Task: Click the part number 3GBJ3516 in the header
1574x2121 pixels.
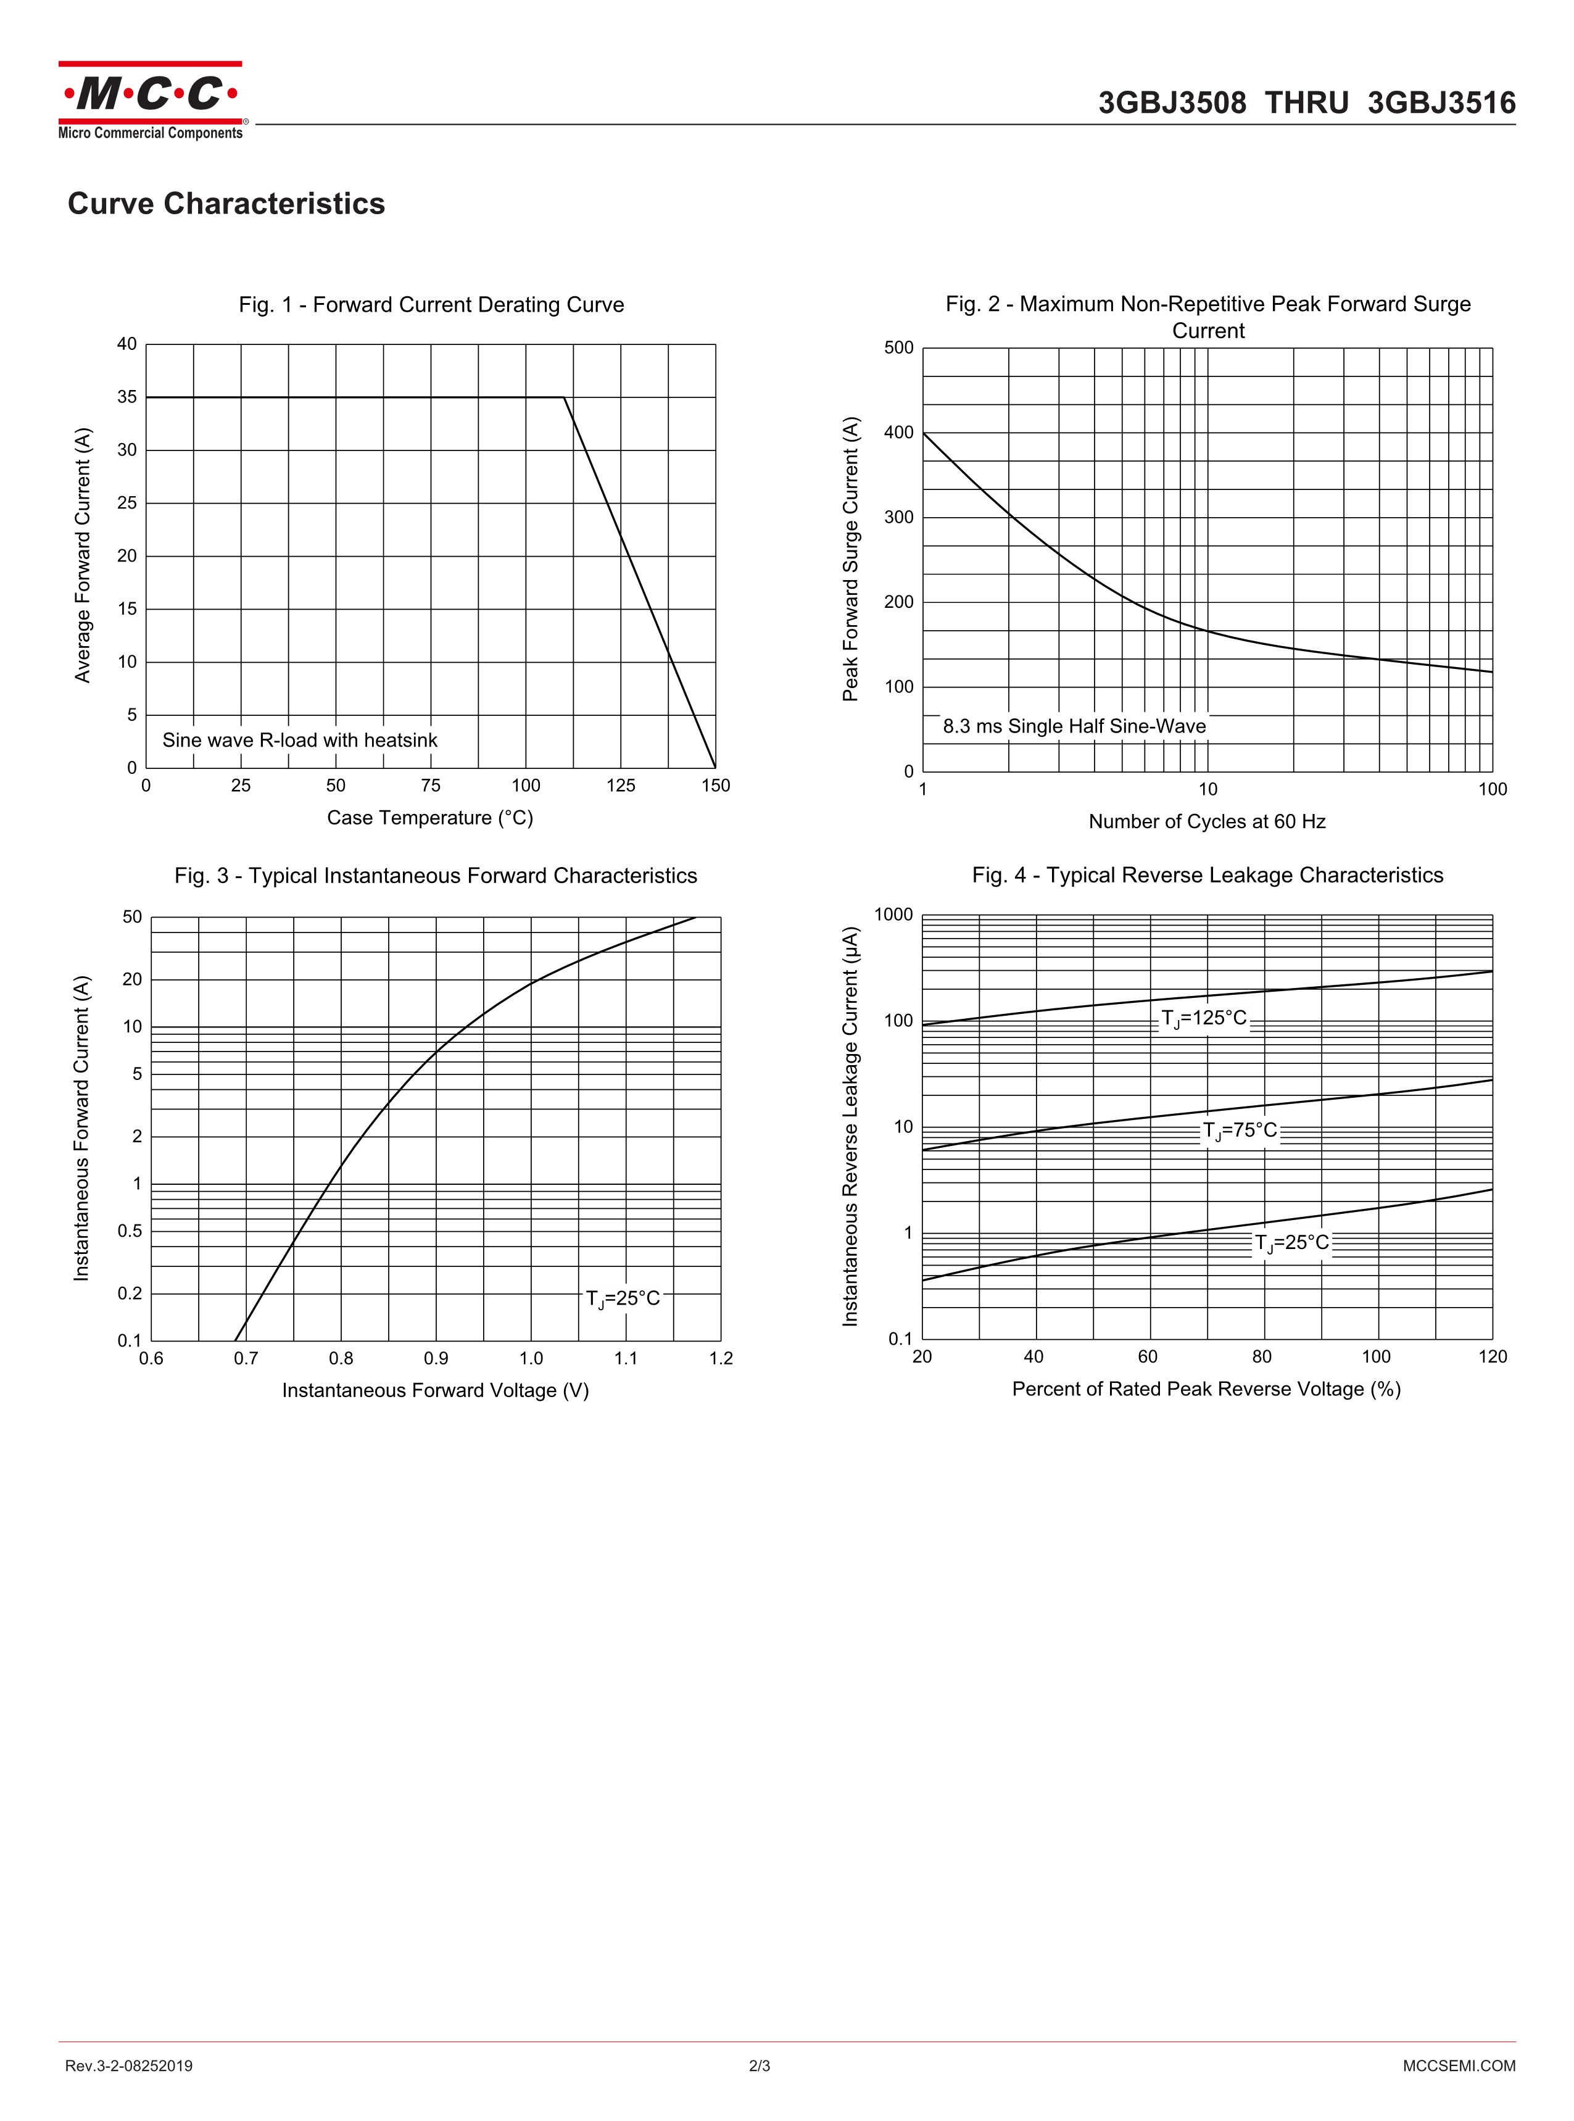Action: [1441, 103]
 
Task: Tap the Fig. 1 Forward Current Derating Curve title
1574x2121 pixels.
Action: [432, 305]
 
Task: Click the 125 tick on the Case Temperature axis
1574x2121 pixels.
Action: [620, 785]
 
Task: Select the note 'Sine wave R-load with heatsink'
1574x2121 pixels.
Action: [300, 741]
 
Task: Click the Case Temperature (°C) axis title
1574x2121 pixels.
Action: [429, 818]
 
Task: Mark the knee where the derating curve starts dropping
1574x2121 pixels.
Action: [564, 397]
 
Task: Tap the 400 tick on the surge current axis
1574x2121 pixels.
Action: [898, 433]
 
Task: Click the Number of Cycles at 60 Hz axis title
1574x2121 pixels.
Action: [1207, 821]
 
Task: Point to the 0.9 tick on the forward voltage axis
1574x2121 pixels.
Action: [436, 1358]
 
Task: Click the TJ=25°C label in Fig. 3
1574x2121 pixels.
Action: [623, 1299]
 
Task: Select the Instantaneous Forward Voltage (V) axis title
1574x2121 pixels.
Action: [436, 1390]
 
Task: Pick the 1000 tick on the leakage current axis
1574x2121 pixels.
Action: [893, 915]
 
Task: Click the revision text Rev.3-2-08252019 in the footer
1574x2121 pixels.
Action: [128, 2065]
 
